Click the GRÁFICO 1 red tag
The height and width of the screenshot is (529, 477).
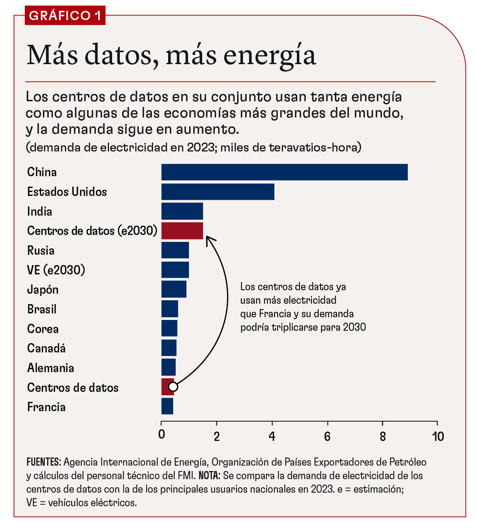65,16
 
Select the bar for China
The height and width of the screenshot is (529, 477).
284,172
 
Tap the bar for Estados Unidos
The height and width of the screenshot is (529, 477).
218,192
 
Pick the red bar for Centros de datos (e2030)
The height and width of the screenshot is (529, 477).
182,231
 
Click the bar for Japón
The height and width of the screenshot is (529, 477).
174,289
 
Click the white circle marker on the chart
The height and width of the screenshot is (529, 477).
173,386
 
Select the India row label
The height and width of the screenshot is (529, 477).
39,211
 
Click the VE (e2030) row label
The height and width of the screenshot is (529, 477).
56,270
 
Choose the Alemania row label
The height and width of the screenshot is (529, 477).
51,368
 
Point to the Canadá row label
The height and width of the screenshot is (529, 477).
46,348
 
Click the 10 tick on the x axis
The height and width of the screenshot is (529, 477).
438,437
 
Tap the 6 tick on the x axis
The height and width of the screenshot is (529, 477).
327,437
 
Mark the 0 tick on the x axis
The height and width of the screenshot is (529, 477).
162,435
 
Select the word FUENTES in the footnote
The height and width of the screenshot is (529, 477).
43,462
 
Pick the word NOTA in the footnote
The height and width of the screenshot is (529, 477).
209,475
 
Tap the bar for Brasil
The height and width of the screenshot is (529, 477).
170,309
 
